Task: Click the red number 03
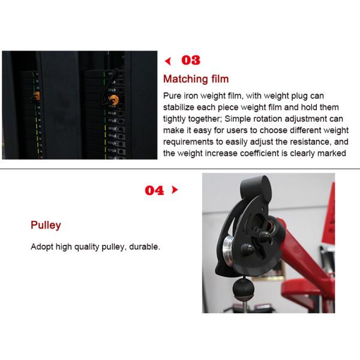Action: [x=190, y=60]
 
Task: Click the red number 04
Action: [x=154, y=190]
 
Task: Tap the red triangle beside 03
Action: [x=169, y=60]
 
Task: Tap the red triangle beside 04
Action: [x=175, y=190]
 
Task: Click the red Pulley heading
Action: [x=46, y=226]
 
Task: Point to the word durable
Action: [x=145, y=247]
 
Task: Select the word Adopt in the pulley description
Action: [x=42, y=247]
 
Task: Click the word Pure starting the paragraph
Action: [x=173, y=96]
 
